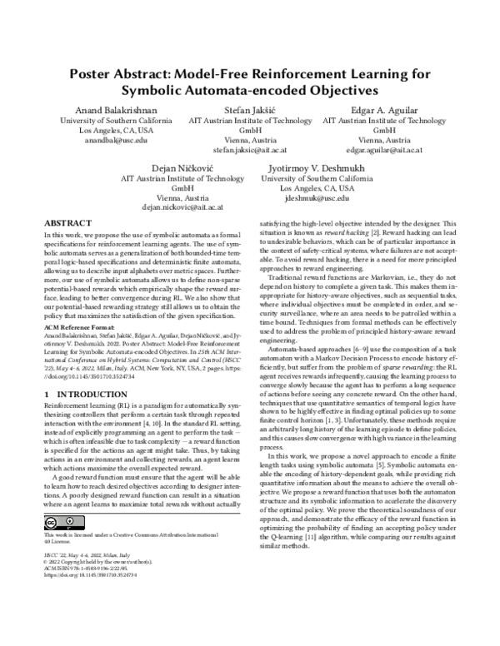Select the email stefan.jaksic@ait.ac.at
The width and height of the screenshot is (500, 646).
click(250, 151)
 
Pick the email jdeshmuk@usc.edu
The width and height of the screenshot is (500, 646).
click(317, 199)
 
